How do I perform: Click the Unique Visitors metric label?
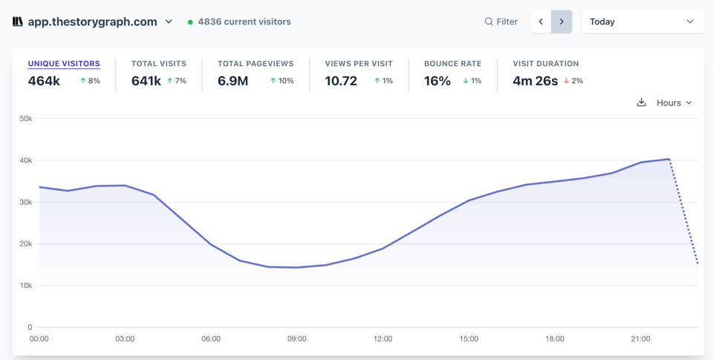[64, 64]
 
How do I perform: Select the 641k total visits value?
[146, 81]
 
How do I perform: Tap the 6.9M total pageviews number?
[233, 81]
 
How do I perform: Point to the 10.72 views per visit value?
[341, 81]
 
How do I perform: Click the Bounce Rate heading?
[452, 64]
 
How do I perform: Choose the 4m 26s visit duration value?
[535, 81]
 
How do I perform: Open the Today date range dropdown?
[642, 22]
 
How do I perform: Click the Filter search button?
[501, 22]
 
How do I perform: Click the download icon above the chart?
[642, 102]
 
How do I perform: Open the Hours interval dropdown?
[674, 102]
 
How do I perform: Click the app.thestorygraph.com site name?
[92, 22]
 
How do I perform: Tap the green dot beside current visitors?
[190, 22]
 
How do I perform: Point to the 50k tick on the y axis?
[25, 119]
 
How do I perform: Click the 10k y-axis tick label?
[25, 286]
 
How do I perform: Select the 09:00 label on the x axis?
[297, 338]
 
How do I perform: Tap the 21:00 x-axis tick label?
[640, 338]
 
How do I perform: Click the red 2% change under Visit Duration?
[573, 81]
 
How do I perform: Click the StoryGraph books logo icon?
[18, 22]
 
